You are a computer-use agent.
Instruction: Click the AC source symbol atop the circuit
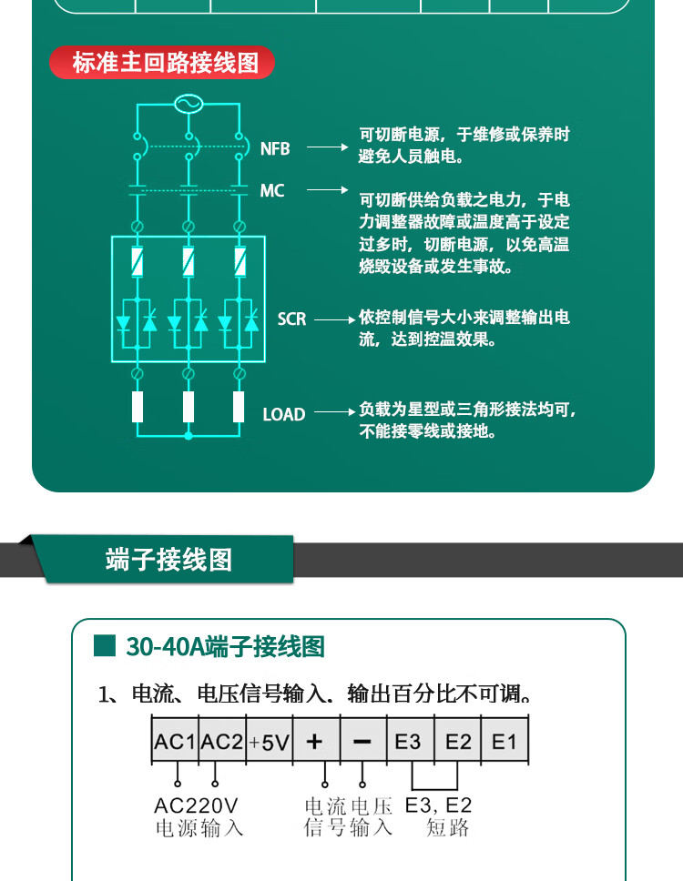(189, 104)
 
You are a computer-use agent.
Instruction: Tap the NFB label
(275, 148)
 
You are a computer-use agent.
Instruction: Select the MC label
(272, 191)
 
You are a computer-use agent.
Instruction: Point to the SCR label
(291, 319)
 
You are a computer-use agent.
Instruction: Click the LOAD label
(283, 414)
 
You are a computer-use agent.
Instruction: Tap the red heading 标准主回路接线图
(164, 63)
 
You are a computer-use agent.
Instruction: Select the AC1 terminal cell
(174, 742)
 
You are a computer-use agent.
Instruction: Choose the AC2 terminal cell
(221, 742)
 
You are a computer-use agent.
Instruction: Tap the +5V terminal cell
(269, 742)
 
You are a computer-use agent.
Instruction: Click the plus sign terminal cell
(315, 742)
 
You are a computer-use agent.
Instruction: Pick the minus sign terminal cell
(362, 742)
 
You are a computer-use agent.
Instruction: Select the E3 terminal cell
(409, 742)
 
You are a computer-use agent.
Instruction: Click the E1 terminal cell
(505, 742)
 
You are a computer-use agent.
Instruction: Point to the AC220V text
(196, 805)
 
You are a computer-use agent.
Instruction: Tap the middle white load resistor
(189, 406)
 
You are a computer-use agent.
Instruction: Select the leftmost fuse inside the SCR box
(137, 262)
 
